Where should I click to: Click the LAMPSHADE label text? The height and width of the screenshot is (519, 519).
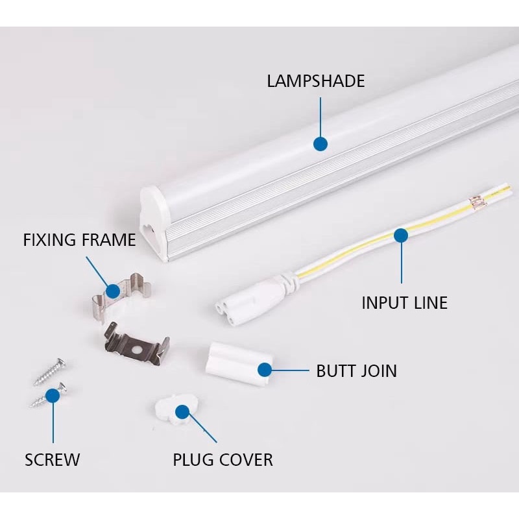tap(316, 81)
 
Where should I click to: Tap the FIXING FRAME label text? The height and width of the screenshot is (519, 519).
tap(79, 240)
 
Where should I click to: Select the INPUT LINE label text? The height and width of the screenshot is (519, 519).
tap(404, 302)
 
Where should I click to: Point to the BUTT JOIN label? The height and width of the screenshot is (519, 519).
tap(356, 371)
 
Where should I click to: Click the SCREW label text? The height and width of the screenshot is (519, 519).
tap(52, 460)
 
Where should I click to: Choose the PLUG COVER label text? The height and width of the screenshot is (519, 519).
tap(223, 460)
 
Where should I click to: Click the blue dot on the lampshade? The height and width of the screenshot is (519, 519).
tap(320, 144)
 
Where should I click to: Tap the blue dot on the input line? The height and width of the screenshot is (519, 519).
tap(402, 236)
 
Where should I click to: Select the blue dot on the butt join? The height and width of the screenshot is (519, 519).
tap(265, 370)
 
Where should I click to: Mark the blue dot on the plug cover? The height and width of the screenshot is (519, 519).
tap(182, 411)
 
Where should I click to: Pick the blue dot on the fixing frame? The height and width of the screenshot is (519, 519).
tap(113, 291)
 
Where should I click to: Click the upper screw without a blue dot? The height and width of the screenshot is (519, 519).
tap(48, 370)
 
